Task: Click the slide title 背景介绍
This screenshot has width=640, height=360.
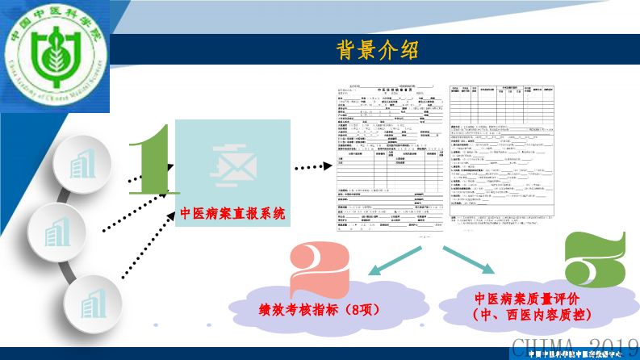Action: (x=377, y=50)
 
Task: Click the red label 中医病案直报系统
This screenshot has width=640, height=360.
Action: (x=232, y=214)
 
